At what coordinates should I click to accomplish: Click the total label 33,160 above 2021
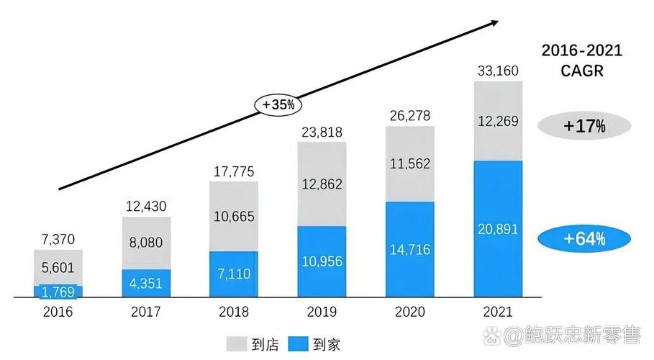[x=498, y=71]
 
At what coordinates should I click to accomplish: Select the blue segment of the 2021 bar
[x=498, y=228]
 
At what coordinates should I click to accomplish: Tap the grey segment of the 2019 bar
[x=322, y=184]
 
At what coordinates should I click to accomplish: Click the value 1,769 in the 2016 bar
[x=58, y=292]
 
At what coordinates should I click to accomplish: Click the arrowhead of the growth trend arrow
[x=494, y=23]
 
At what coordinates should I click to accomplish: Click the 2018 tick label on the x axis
[x=234, y=312]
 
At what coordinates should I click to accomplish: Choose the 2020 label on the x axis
[x=410, y=312]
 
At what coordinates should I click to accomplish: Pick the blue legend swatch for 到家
[x=299, y=343]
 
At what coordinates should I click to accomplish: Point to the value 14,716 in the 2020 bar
[x=410, y=250]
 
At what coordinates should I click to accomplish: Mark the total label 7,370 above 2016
[x=58, y=239]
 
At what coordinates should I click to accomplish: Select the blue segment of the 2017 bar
[x=146, y=282]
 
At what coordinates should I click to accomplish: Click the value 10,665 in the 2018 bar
[x=234, y=216]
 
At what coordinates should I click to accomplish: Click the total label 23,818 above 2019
[x=322, y=132]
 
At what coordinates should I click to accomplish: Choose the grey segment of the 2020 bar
[x=410, y=164]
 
